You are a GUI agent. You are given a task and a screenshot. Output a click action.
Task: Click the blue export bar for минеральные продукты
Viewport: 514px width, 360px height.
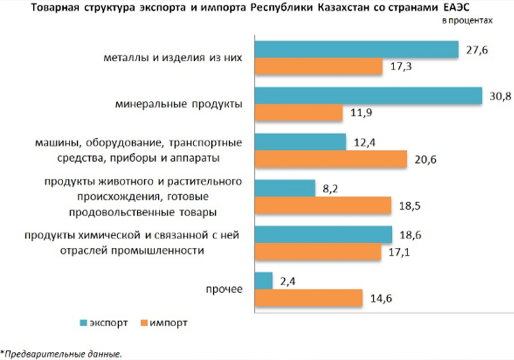[368, 96]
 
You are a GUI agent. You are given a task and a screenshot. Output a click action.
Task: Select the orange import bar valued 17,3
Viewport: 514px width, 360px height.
[319, 67]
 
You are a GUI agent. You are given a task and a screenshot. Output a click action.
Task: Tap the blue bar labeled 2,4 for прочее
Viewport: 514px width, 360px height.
[264, 281]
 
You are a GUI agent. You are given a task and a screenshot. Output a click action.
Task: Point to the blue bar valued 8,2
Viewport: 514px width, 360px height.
[285, 188]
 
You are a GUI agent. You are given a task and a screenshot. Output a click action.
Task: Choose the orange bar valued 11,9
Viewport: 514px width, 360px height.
[299, 113]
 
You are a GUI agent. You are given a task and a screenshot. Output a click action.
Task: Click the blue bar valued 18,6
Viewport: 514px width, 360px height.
[323, 234]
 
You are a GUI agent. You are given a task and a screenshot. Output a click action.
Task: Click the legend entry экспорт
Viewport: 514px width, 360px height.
[108, 323]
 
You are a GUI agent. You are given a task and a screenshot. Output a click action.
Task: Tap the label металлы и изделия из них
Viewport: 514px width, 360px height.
[173, 58]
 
